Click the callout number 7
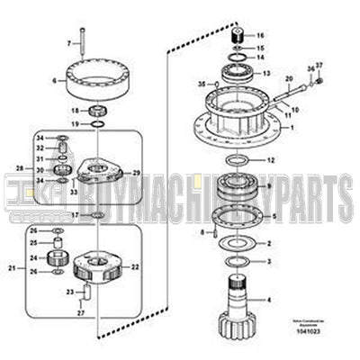pos(67,42)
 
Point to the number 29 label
pos(137,171)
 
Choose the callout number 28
pos(40,168)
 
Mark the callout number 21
pos(13,267)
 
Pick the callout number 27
pos(79,312)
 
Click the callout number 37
pos(317,65)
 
